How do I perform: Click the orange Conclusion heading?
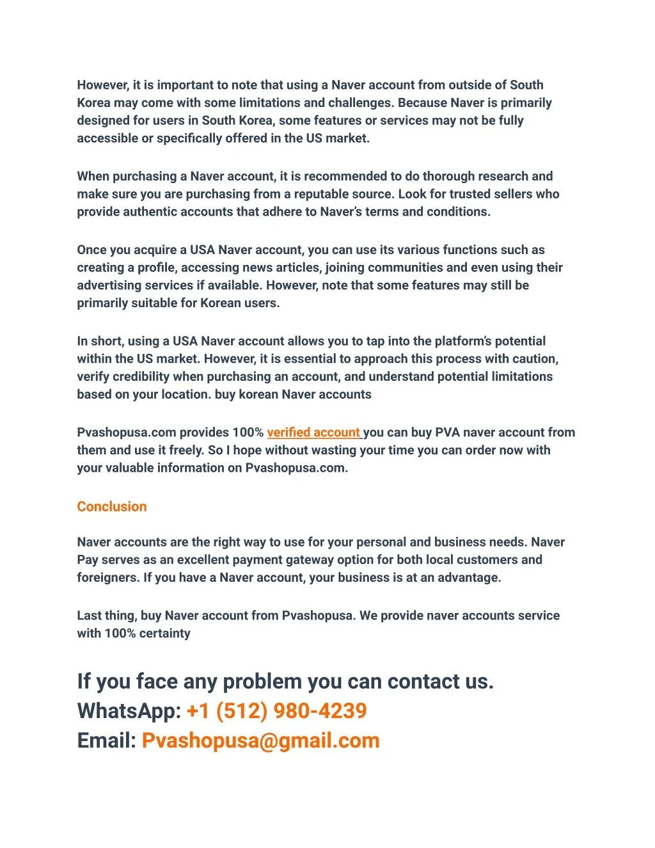coord(112,506)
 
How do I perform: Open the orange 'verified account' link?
coord(313,432)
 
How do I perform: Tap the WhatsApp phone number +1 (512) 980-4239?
coord(276,710)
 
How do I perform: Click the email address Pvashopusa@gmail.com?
coord(260,740)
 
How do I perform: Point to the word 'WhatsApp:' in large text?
coord(129,710)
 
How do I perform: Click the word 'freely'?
coord(185,450)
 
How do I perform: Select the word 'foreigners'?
coord(107,577)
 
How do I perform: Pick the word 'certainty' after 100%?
coord(164,633)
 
